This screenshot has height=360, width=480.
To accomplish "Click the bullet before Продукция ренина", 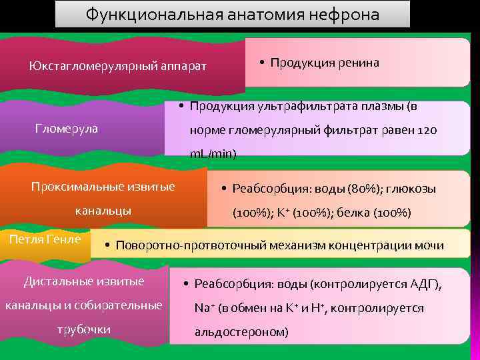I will [263, 63].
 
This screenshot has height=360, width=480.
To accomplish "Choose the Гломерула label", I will [66, 129].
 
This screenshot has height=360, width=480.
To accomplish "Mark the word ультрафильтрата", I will [291, 106].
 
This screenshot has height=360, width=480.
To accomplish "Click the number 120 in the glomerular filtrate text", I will [427, 130].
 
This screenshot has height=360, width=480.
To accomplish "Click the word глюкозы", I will [413, 189].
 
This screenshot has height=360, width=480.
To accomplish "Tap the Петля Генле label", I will [45, 239].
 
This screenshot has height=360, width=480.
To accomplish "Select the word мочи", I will [429, 245].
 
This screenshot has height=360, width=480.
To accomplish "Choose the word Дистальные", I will [57, 281].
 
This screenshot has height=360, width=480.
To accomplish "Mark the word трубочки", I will [84, 330].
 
